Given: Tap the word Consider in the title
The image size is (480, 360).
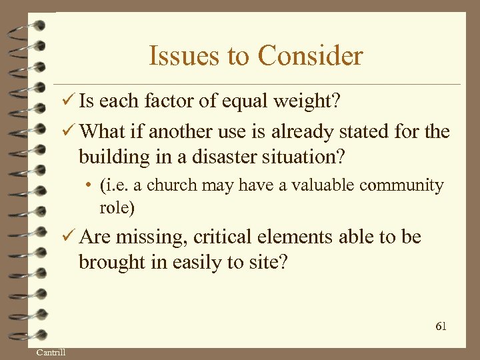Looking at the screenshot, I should tap(310, 56).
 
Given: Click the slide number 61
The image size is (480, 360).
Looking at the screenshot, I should tap(441, 326).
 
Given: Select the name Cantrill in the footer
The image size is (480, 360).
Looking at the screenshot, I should tap(51, 352).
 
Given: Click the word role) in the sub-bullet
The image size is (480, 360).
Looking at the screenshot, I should tap(117, 207).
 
